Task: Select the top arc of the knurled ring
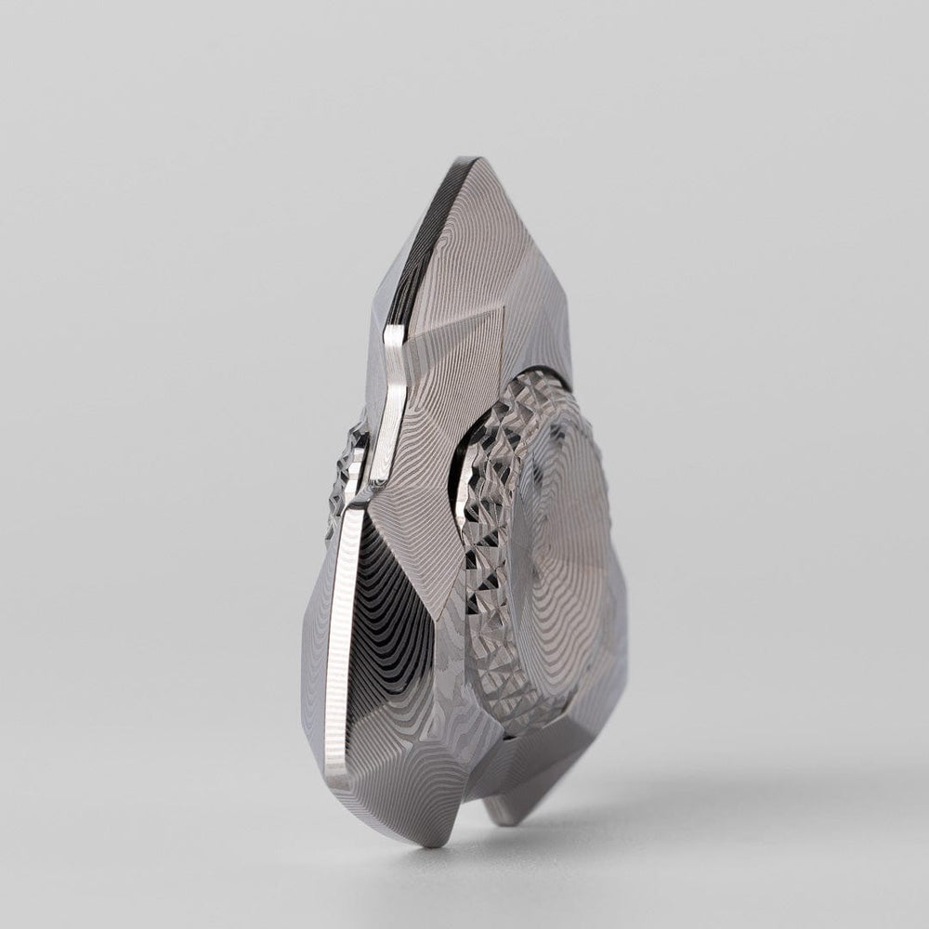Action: (539, 386)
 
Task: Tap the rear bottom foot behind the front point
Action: (506, 813)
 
